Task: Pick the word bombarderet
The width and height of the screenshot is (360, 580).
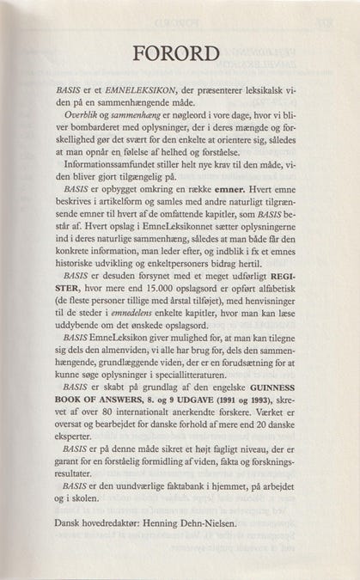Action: click(86, 128)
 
